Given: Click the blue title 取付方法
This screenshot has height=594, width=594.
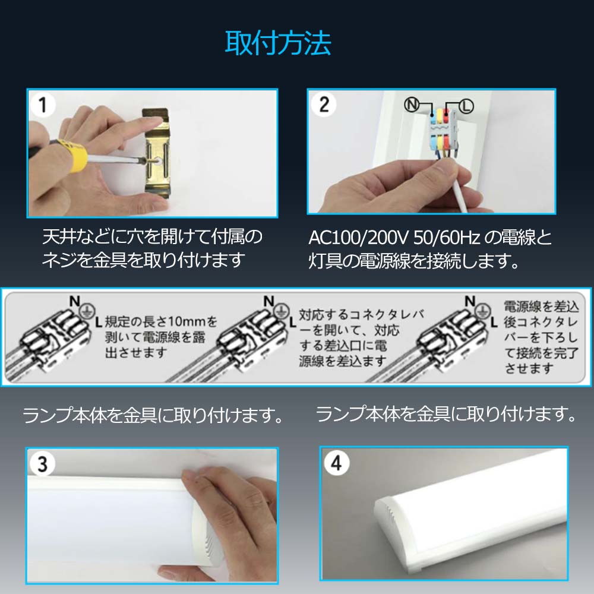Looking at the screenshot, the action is point(278,43).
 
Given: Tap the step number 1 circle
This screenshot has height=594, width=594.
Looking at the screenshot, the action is point(43,105).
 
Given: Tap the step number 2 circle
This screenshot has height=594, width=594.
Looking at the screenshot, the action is point(324,104).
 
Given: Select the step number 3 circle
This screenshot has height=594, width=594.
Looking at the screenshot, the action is point(43,464).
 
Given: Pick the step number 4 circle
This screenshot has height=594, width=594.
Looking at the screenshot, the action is point(336,463).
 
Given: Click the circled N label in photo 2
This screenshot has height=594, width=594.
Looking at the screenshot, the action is point(412,104).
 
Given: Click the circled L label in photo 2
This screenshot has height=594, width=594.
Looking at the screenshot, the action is point(466,106).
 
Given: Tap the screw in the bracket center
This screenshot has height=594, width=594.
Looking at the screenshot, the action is point(156,162).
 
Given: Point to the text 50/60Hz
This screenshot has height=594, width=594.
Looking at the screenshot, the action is point(447,238).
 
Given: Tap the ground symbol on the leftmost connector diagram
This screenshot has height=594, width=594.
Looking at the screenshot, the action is point(87,311).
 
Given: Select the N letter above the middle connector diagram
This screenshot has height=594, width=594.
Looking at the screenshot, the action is point(268,301).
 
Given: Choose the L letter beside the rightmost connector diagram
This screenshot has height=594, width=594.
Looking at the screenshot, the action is point(494,323).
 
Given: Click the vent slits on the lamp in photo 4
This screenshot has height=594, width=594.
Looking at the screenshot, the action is point(389,514).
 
